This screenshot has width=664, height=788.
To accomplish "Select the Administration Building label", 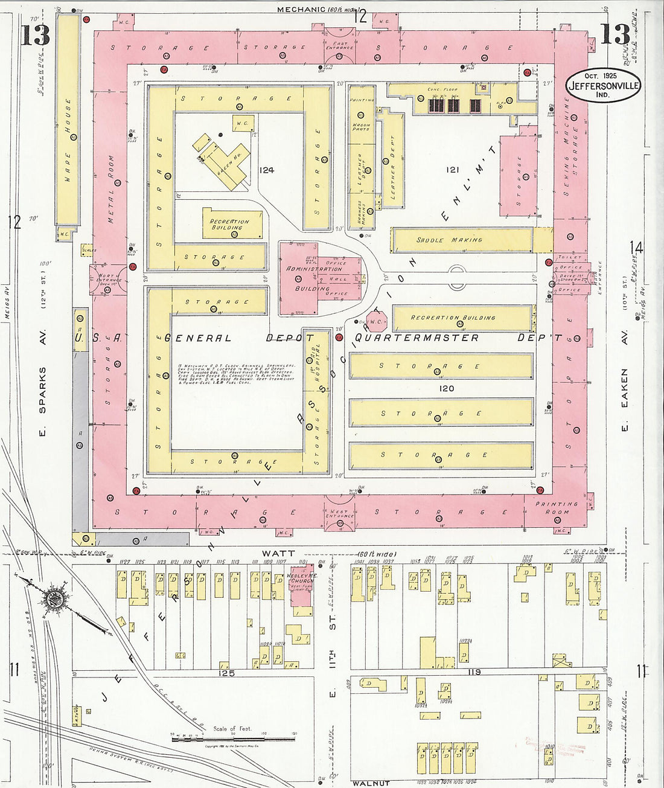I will click(x=314, y=278).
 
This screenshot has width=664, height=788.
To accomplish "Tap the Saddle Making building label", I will click(x=450, y=240).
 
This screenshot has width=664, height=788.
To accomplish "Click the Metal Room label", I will click(x=111, y=189).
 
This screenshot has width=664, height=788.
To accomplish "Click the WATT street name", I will click(x=278, y=553).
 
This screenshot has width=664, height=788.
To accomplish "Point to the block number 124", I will click(x=266, y=170).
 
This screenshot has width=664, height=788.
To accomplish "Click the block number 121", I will click(x=453, y=170).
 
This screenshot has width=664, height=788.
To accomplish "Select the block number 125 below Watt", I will click(x=226, y=672).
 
